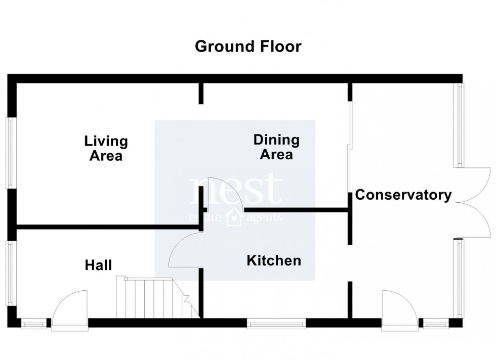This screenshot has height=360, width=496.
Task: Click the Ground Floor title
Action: [248, 47]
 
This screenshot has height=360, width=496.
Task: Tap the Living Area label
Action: [106, 148]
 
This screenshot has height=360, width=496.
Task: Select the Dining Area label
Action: [276, 147]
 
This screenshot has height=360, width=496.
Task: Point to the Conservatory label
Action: [403, 195]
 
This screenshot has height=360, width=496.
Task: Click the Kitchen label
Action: [274, 261]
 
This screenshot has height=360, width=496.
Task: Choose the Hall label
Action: [98, 265]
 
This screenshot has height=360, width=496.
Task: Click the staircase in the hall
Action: [152, 298]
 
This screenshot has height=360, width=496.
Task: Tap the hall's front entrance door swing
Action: [69, 306]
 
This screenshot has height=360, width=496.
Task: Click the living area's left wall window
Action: [9, 153]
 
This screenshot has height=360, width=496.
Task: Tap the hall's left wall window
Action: [9, 273]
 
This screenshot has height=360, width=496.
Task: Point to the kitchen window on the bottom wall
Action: [276, 323]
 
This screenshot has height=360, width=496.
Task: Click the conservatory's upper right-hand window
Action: [460, 125]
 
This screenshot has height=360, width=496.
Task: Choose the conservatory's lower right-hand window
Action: [460, 278]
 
